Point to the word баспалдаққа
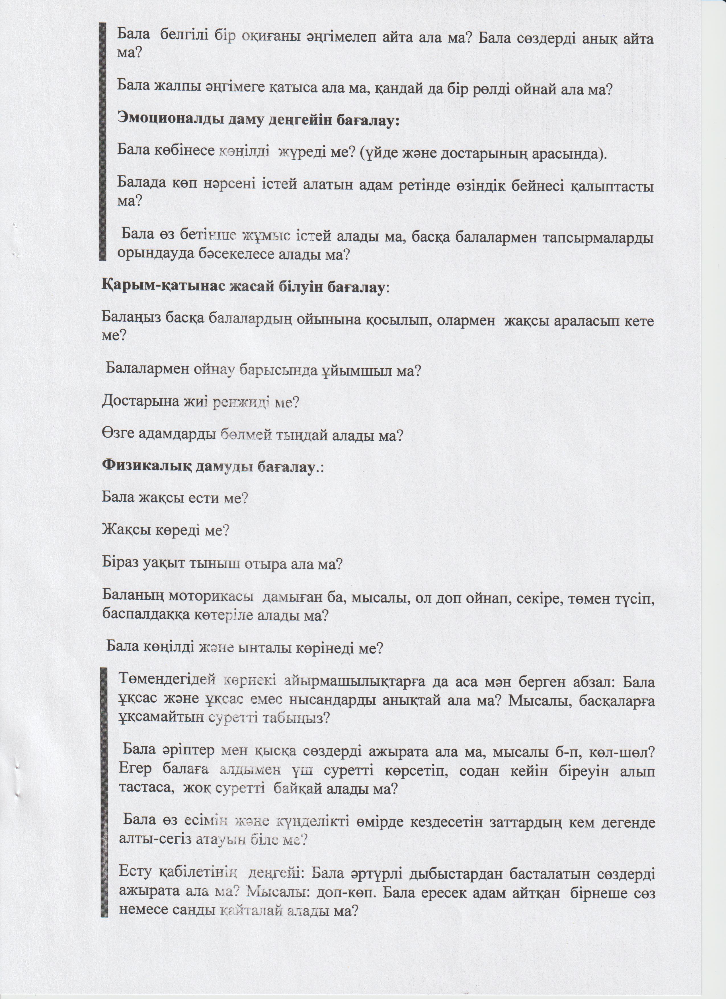[x=144, y=615]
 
